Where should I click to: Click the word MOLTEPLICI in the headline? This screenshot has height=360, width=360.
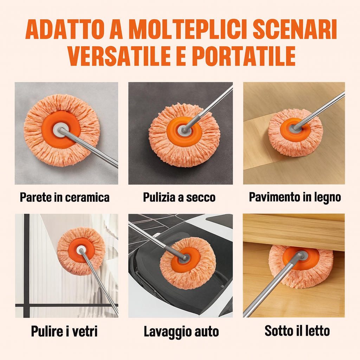[x=188, y=30]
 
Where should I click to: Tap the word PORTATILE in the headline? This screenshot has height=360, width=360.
[x=244, y=56]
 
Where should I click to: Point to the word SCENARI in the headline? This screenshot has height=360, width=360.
[x=295, y=30]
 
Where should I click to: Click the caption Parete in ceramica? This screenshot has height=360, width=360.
[x=65, y=197]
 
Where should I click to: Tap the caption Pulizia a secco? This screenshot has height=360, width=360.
[x=179, y=197]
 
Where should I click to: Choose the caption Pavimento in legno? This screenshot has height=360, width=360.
[x=295, y=197]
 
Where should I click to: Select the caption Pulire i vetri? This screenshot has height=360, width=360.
[x=64, y=331]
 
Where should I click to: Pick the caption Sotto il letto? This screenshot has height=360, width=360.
[x=297, y=330]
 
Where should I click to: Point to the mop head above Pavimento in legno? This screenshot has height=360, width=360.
[x=295, y=132]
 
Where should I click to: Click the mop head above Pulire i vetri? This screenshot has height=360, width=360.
[x=81, y=251]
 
